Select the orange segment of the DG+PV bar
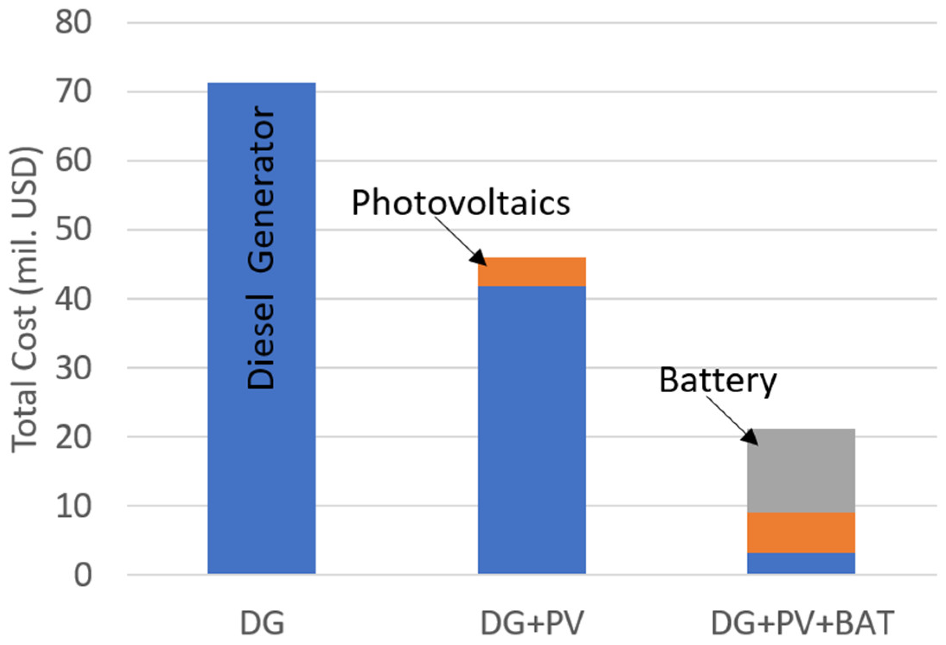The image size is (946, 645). point(531,272)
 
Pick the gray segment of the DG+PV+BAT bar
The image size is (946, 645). point(801,471)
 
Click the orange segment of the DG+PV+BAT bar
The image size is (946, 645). point(801,532)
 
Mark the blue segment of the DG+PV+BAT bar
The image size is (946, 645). point(801,563)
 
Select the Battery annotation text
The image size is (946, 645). point(717,380)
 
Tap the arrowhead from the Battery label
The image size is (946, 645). point(750,437)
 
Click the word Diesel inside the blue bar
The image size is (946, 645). point(261,341)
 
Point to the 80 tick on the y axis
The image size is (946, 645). point(73,22)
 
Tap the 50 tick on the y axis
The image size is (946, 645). point(73,229)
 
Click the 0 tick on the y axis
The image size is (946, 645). point(82,575)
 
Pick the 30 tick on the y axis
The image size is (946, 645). point(73,368)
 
